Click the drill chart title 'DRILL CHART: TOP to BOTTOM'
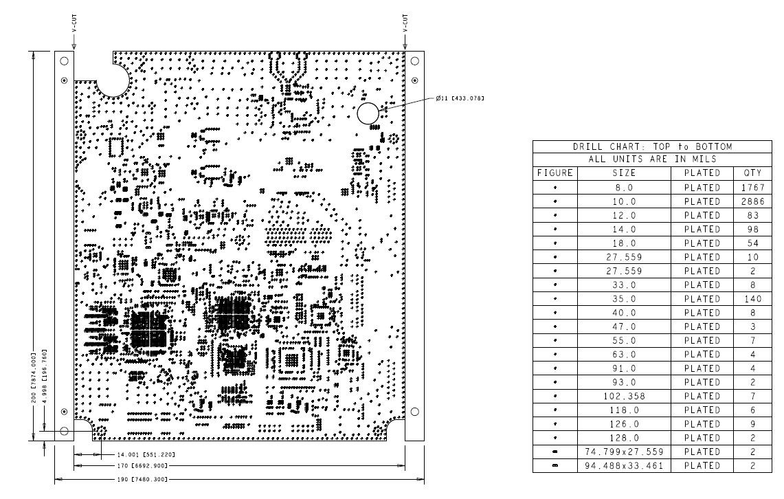(x=652, y=147)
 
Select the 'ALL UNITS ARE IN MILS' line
(x=652, y=159)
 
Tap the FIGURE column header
(x=555, y=173)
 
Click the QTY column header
(x=752, y=173)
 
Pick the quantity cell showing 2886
(x=752, y=201)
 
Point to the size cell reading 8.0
(x=624, y=188)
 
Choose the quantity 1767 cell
(x=752, y=188)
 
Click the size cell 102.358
(x=624, y=397)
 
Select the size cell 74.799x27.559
(x=624, y=452)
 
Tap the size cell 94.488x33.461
(x=624, y=466)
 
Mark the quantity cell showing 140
(x=752, y=299)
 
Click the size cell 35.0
(x=624, y=299)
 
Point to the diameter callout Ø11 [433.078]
(x=460, y=98)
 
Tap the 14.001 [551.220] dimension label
(x=146, y=454)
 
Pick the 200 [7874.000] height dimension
(x=34, y=378)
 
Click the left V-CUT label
(x=74, y=24)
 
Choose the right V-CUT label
(x=405, y=24)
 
